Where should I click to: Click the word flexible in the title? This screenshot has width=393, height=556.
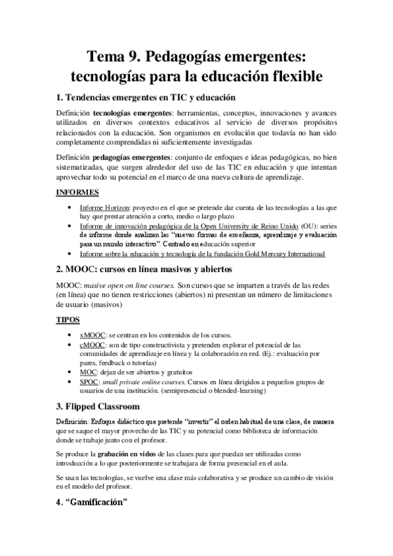coord(291,76)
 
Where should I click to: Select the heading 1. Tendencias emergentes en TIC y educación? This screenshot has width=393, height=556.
coord(146,98)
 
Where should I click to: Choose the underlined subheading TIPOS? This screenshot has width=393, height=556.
coord(68,319)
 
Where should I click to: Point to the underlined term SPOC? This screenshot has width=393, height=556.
coord(91,381)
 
